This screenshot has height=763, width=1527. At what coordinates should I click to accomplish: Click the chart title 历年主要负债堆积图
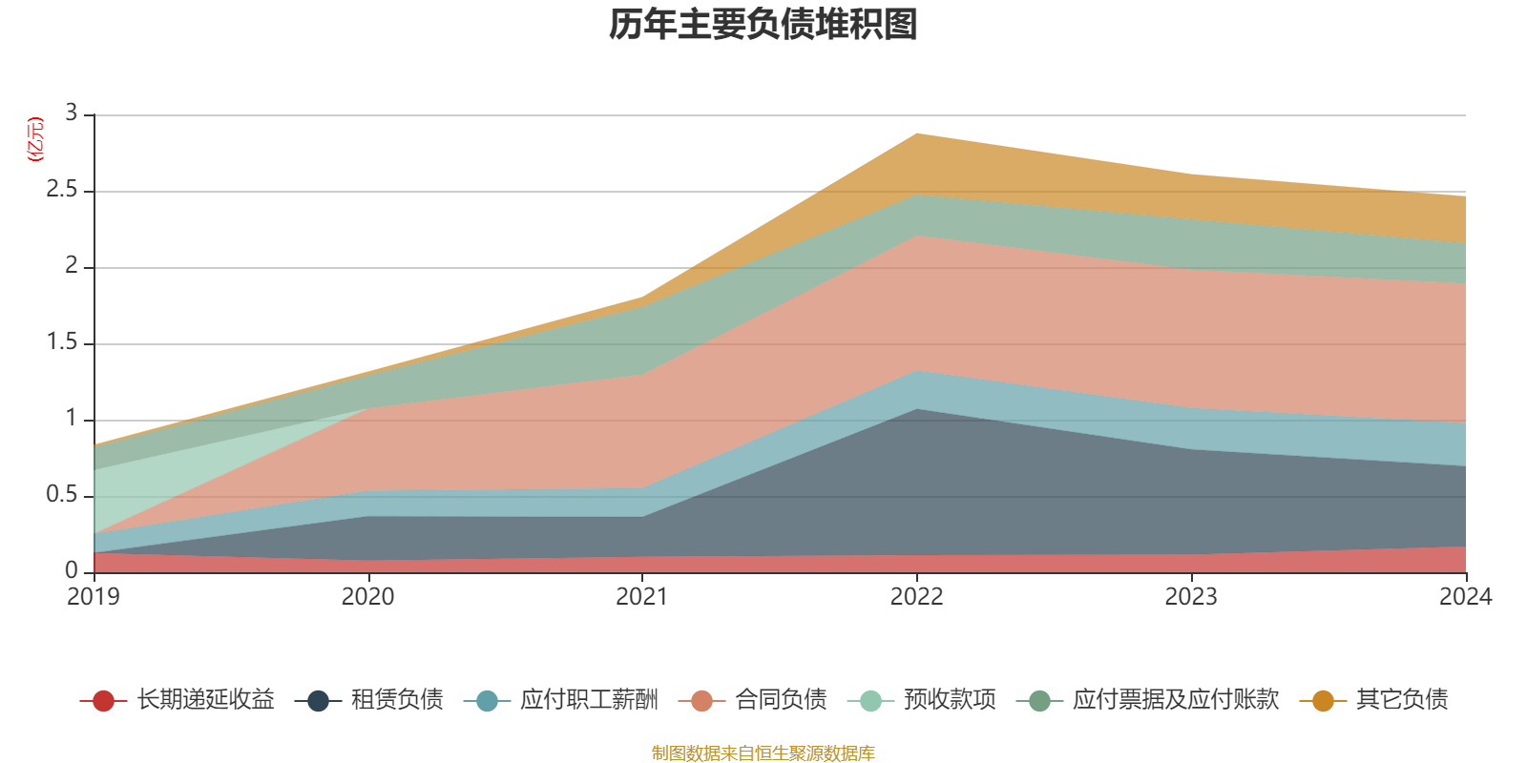coord(763,25)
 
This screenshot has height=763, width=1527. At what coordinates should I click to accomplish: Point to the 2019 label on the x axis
coord(94,597)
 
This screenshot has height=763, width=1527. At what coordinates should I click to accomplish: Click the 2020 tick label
coord(368,597)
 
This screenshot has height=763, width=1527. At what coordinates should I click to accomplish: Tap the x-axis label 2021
coord(642,597)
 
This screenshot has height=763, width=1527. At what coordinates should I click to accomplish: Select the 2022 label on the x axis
coord(917,597)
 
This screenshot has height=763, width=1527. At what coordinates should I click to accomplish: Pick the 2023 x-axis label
coord(1191,597)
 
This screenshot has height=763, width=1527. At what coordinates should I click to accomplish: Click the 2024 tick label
coord(1465,597)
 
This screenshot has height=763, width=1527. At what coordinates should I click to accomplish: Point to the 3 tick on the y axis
coord(71,113)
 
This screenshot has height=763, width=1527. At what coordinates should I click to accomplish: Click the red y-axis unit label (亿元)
coord(35,139)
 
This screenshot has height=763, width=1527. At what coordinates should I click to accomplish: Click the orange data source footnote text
coord(763,753)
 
